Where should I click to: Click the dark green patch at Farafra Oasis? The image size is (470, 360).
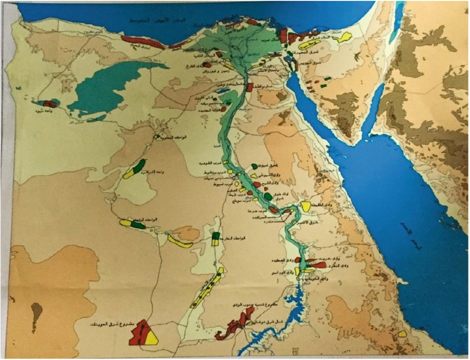[138, 166]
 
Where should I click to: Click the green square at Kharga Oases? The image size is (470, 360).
[216, 236]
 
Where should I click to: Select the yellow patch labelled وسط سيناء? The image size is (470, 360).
[309, 44]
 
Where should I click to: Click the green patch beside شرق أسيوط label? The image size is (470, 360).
[254, 166]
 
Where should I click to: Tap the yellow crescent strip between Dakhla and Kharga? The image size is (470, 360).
[180, 242]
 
